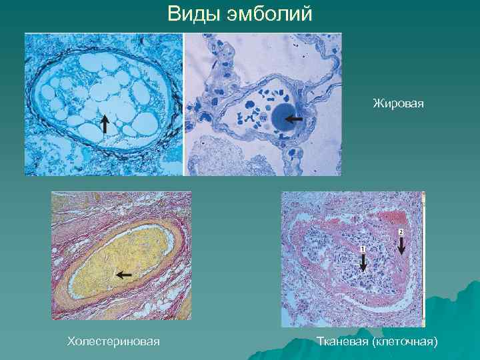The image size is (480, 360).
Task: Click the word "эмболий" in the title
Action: [x=266, y=14]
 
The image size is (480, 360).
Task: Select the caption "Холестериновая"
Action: [x=113, y=342]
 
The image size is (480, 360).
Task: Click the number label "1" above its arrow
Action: [x=363, y=249]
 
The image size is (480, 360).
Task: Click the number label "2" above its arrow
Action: [x=401, y=231]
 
